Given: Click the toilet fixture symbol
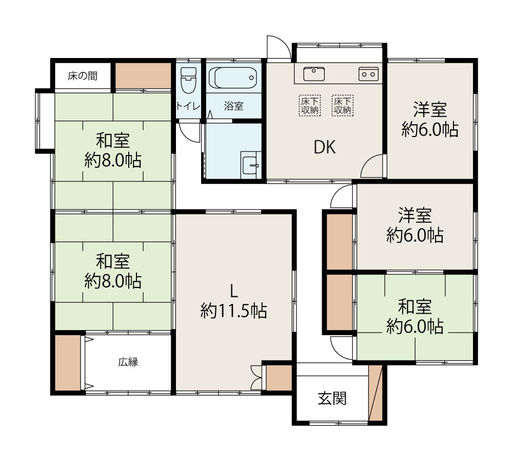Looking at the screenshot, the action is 188,80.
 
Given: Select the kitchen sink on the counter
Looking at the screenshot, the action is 314,73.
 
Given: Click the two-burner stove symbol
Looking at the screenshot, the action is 368,74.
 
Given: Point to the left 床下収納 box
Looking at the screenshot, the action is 309,105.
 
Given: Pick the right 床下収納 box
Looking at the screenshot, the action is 343,105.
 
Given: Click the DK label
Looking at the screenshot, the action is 325,147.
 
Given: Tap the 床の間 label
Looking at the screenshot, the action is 83,76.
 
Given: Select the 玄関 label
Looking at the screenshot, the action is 332,398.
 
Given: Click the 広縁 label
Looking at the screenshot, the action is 128,362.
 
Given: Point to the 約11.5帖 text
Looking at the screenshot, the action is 233,311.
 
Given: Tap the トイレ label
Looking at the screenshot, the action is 188,106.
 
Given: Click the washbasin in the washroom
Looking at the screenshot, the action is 251,165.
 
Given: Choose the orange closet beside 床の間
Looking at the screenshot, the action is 143,75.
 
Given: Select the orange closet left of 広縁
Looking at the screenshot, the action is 68,362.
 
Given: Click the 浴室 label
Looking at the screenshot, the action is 233,106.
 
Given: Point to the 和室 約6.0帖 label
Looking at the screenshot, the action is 415,317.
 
